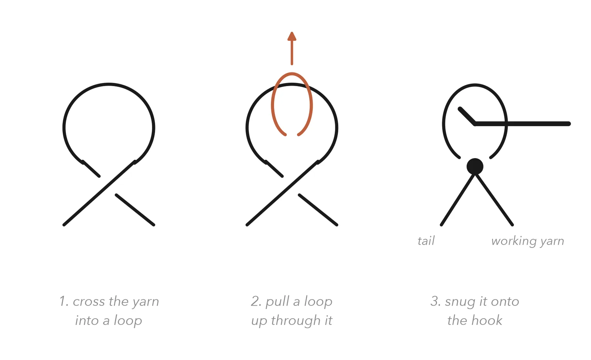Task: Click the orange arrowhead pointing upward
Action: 292,37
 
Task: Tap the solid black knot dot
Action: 475,167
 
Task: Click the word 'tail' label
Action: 426,241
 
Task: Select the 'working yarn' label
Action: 528,241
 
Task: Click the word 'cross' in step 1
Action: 89,302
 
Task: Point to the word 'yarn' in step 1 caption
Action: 146,303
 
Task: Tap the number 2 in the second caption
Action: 255,301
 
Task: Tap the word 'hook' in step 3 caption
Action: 487,320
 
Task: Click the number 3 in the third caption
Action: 434,301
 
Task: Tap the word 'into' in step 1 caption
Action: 86,320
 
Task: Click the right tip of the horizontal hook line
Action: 569,124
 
